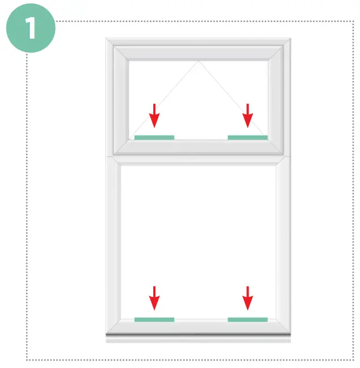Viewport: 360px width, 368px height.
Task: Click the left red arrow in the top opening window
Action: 154,116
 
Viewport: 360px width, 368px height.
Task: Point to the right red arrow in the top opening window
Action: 247,116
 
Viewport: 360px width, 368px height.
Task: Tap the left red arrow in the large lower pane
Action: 154,298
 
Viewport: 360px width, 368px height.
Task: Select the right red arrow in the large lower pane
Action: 247,298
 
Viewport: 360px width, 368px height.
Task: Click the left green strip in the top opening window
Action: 154,138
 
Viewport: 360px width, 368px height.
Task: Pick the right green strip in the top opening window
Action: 247,138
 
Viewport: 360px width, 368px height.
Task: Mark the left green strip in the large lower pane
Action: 154,320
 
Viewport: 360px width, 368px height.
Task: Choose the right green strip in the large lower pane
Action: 247,320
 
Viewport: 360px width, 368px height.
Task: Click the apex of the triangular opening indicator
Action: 199,61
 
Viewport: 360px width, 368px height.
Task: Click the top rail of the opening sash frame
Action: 199,52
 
